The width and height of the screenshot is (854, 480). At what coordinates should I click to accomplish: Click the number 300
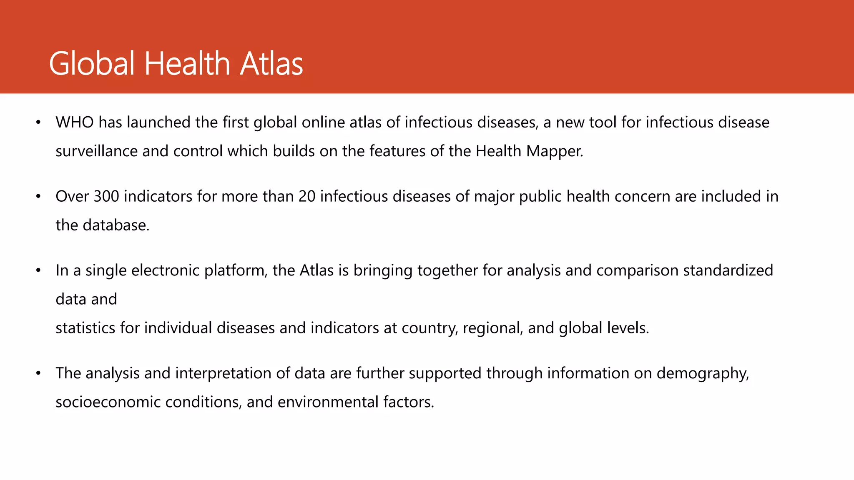coord(106,196)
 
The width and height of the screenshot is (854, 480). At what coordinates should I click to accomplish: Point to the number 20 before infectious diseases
coord(307,196)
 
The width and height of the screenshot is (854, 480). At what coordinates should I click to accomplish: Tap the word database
coord(116,225)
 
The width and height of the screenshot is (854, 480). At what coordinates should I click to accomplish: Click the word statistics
coord(85,328)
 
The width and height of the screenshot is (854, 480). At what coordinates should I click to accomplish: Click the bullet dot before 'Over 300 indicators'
coord(38,196)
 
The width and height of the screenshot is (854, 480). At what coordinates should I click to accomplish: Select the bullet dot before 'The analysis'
coord(38,373)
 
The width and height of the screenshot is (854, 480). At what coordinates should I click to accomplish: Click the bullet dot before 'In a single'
coord(38,270)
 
